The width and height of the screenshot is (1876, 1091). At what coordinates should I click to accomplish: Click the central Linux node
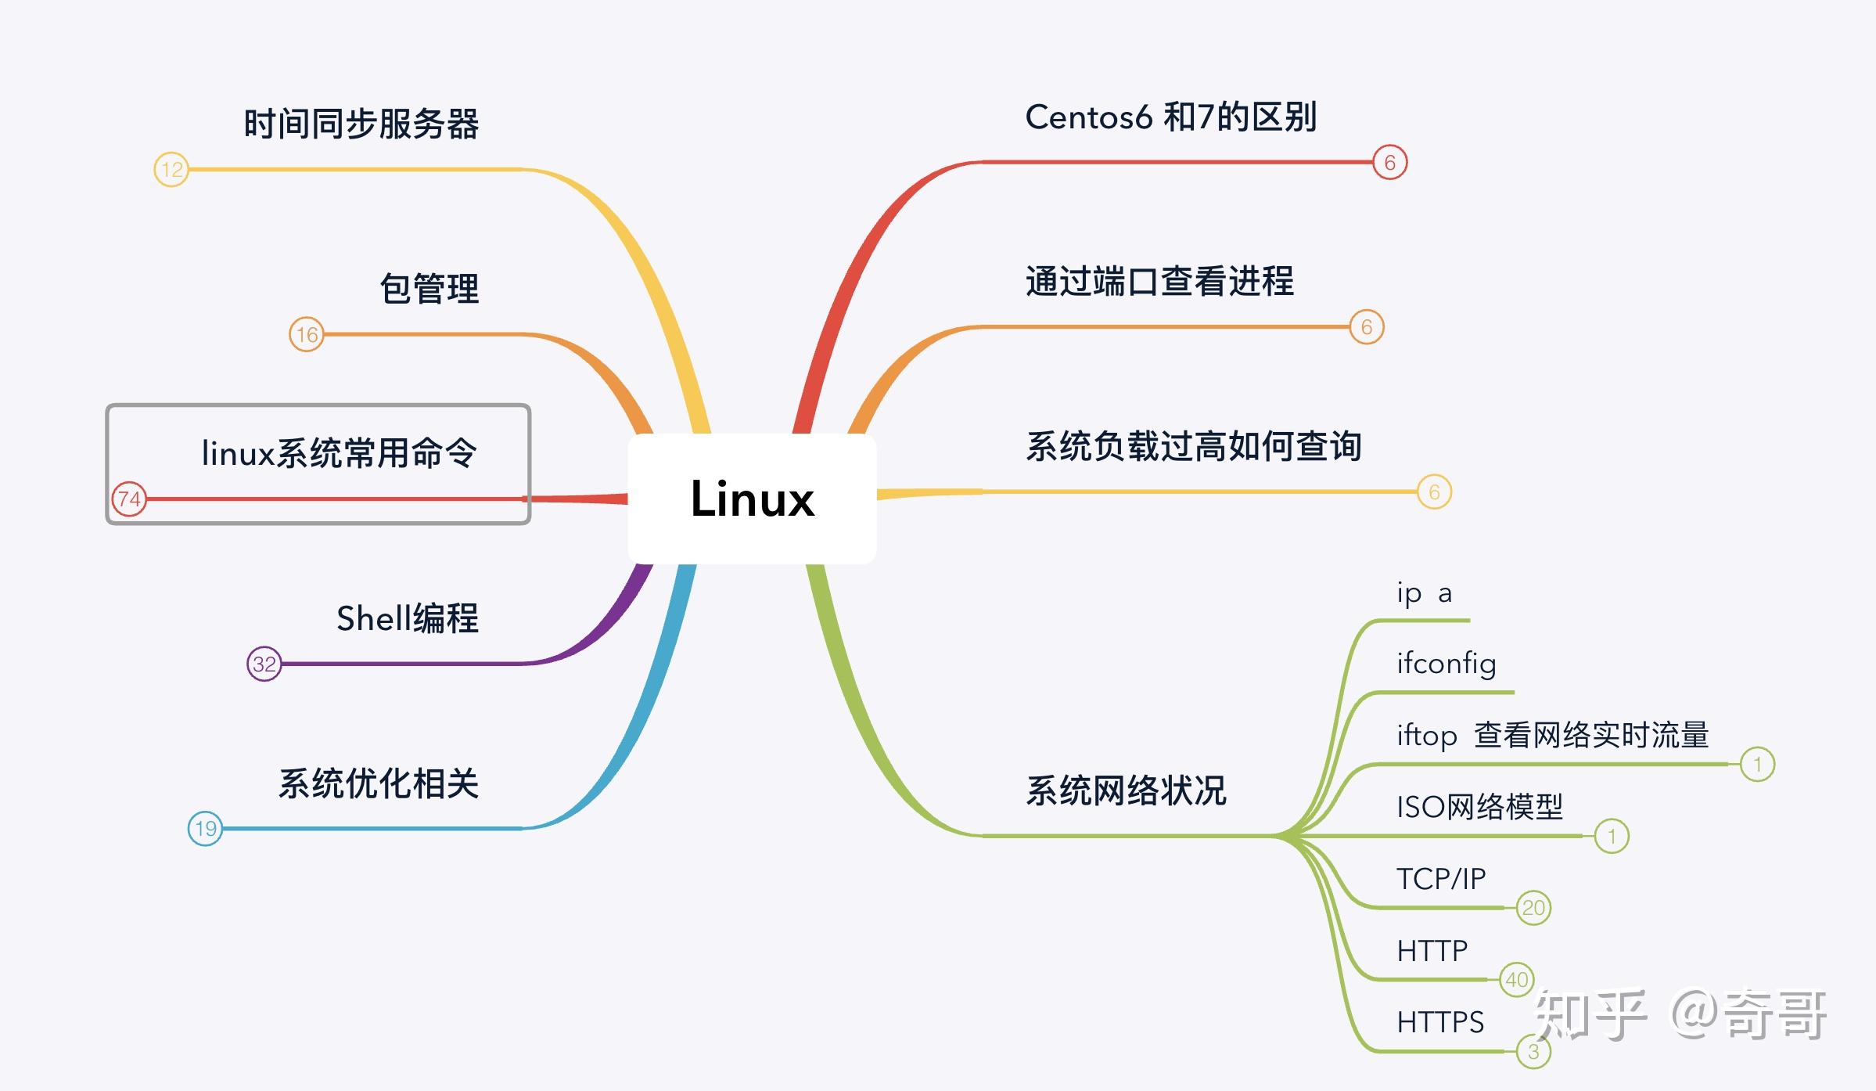752,499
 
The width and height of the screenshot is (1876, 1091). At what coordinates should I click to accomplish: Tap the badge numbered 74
129,499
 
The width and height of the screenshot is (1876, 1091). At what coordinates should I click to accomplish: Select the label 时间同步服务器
361,124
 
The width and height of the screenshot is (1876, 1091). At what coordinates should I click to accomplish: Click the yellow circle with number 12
171,169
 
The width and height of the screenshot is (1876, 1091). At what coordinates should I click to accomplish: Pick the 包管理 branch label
429,289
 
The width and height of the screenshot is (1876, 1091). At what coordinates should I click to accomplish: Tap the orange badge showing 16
307,334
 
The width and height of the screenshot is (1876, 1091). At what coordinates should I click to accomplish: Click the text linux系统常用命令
339,453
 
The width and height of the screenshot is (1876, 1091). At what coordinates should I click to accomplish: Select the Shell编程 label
407,618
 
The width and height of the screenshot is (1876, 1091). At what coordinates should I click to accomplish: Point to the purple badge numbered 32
264,664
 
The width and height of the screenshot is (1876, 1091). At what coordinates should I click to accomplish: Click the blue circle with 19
205,828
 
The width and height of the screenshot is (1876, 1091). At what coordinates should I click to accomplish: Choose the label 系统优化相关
378,783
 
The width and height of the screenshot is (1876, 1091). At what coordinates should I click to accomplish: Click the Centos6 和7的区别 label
1170,117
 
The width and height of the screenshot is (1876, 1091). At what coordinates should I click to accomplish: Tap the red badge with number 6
1389,162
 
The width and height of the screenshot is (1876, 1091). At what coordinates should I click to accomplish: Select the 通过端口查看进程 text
1159,282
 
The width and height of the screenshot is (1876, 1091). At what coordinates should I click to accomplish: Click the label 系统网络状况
1126,790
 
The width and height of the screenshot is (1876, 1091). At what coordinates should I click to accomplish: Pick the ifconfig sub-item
1446,664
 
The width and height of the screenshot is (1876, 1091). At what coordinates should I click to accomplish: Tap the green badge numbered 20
1533,908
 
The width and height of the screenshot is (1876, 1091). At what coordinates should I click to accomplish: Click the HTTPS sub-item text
1439,1022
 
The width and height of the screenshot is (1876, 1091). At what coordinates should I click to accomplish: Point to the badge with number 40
1516,979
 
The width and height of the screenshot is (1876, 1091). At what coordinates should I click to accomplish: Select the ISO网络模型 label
1479,807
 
